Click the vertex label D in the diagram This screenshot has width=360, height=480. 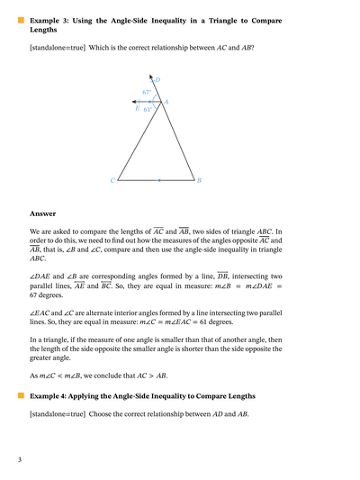pyautogui.click(x=158, y=81)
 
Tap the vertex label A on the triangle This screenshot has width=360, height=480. pyautogui.click(x=166, y=103)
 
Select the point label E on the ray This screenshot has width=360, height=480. pyautogui.click(x=138, y=108)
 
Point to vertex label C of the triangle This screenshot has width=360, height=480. pyautogui.click(x=113, y=181)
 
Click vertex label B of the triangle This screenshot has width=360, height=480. pyautogui.click(x=199, y=181)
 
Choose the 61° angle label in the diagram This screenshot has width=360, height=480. pyautogui.click(x=148, y=110)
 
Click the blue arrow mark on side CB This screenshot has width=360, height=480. pyautogui.click(x=159, y=181)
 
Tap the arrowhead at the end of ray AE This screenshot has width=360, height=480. pyautogui.click(x=132, y=102)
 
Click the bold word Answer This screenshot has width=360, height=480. pyautogui.click(x=42, y=214)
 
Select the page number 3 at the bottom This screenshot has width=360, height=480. pyautogui.click(x=19, y=460)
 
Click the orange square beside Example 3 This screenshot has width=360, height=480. pyautogui.click(x=20, y=18)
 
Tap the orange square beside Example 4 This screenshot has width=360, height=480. pyautogui.click(x=20, y=395)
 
